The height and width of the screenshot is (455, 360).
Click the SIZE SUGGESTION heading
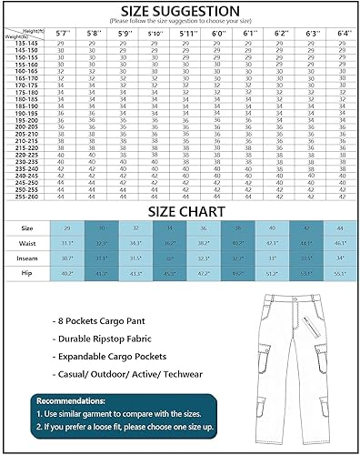[x=179, y=8]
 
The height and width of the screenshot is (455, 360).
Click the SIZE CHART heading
[x=179, y=209]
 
